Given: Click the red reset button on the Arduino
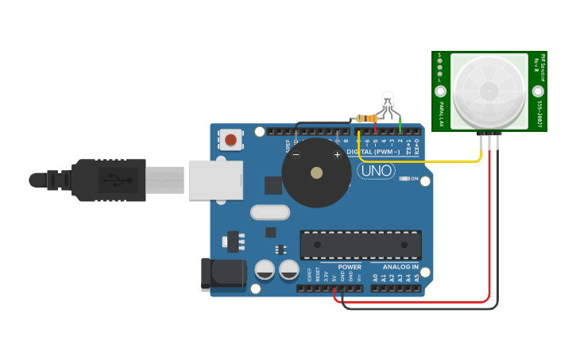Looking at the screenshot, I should click(x=230, y=140).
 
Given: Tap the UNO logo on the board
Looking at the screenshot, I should click(x=377, y=170).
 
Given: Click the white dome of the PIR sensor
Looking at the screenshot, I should click(x=489, y=90).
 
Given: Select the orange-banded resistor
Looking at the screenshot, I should click(x=366, y=118).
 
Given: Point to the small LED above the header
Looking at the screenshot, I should click(x=387, y=100).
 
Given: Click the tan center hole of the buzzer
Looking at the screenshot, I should click(x=316, y=172).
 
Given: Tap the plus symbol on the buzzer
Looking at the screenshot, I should click(x=337, y=154).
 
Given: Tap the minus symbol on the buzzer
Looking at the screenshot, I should click(x=296, y=154).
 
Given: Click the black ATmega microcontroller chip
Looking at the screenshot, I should click(x=360, y=245).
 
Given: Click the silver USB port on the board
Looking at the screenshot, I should click(x=215, y=180).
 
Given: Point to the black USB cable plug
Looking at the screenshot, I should click(x=107, y=180).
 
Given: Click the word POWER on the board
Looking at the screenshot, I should click(x=349, y=267).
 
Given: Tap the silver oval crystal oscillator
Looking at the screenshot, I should click(x=270, y=212).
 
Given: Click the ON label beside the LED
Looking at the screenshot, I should click(x=414, y=179).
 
